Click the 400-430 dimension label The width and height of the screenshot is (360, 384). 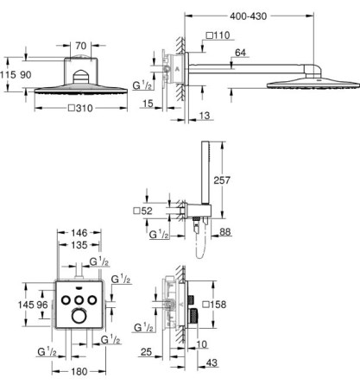click(x=248, y=16)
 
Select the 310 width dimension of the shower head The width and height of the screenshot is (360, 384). click(x=81, y=108)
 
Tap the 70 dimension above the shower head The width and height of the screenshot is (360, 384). click(x=81, y=46)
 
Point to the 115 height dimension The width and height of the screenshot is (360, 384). click(x=8, y=75)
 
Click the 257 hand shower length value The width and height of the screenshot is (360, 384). click(x=222, y=180)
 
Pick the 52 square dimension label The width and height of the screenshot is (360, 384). click(x=143, y=211)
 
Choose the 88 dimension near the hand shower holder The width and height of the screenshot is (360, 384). click(x=225, y=232)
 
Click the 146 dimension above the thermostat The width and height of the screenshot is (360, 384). click(x=79, y=232)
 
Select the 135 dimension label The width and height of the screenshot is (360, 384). click(x=79, y=245)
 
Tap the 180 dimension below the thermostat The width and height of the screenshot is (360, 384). click(x=79, y=371)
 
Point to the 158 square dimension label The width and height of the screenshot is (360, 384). click(x=214, y=305)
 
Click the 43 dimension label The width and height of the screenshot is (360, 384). click(x=212, y=362)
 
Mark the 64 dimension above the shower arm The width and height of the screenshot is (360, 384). click(x=240, y=53)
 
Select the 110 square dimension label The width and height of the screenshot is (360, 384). click(x=218, y=35)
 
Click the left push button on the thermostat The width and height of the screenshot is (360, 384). click(x=66, y=300)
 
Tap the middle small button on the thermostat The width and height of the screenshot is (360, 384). click(x=79, y=300)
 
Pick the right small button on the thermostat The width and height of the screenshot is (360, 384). click(x=92, y=300)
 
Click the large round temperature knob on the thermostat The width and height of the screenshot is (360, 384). click(x=79, y=316)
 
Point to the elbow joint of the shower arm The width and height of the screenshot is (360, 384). click(x=312, y=71)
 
